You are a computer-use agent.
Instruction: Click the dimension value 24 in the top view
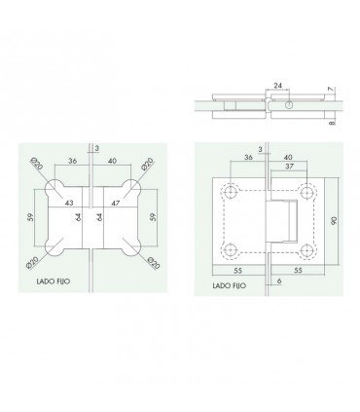(277, 86)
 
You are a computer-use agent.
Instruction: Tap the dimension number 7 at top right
(331, 90)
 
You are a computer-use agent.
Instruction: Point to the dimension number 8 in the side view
(331, 123)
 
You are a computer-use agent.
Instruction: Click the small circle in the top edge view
(289, 104)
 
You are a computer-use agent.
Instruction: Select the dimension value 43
(69, 203)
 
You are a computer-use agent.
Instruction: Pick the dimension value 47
(116, 203)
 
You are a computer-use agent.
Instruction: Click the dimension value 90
(334, 220)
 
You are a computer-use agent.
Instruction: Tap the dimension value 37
(289, 167)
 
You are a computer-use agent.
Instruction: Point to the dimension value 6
(279, 281)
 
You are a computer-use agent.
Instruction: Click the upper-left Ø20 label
(36, 164)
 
